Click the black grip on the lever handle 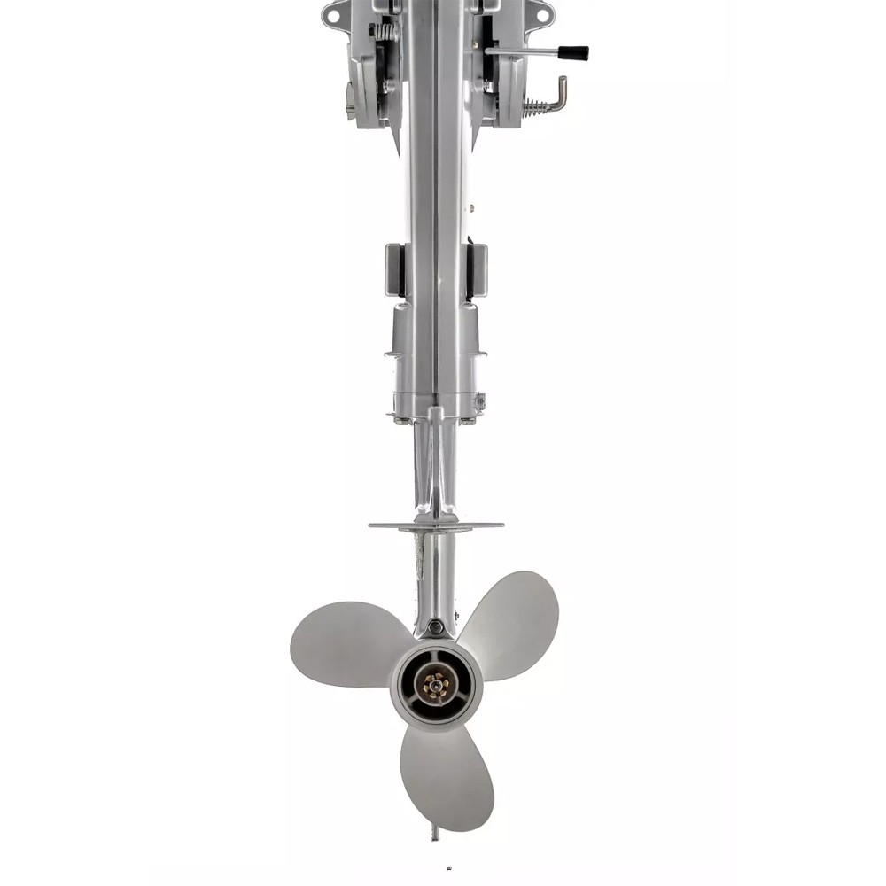[x=572, y=53]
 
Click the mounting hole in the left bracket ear [x=333, y=14]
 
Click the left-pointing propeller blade [x=346, y=642]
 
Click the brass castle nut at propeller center [x=436, y=683]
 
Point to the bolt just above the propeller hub [x=435, y=628]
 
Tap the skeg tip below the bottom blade [x=434, y=834]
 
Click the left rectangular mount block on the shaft [x=395, y=269]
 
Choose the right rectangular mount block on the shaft [x=477, y=269]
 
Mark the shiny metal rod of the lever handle [x=523, y=52]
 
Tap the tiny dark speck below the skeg [x=448, y=868]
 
